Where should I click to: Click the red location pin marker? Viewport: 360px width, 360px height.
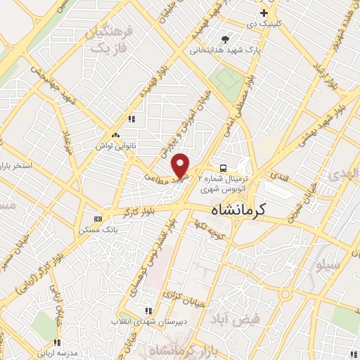pos(181,165)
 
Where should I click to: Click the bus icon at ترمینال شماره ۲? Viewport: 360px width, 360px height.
pos(223,168)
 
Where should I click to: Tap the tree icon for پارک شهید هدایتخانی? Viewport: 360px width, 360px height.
pos(224,39)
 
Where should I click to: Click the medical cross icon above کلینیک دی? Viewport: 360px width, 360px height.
pos(264,13)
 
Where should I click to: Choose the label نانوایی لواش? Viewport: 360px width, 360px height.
pos(116,146)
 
